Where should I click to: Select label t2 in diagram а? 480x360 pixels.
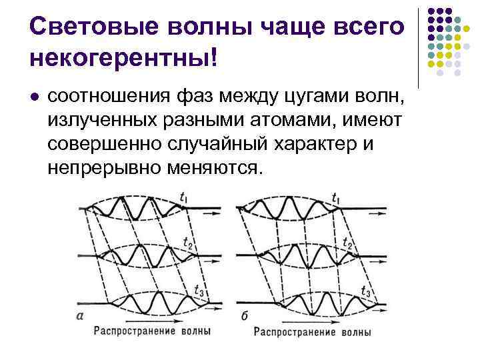187,244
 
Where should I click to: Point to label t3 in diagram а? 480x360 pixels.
197,290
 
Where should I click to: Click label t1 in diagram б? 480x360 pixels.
335,198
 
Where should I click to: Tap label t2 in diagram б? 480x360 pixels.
347,244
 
